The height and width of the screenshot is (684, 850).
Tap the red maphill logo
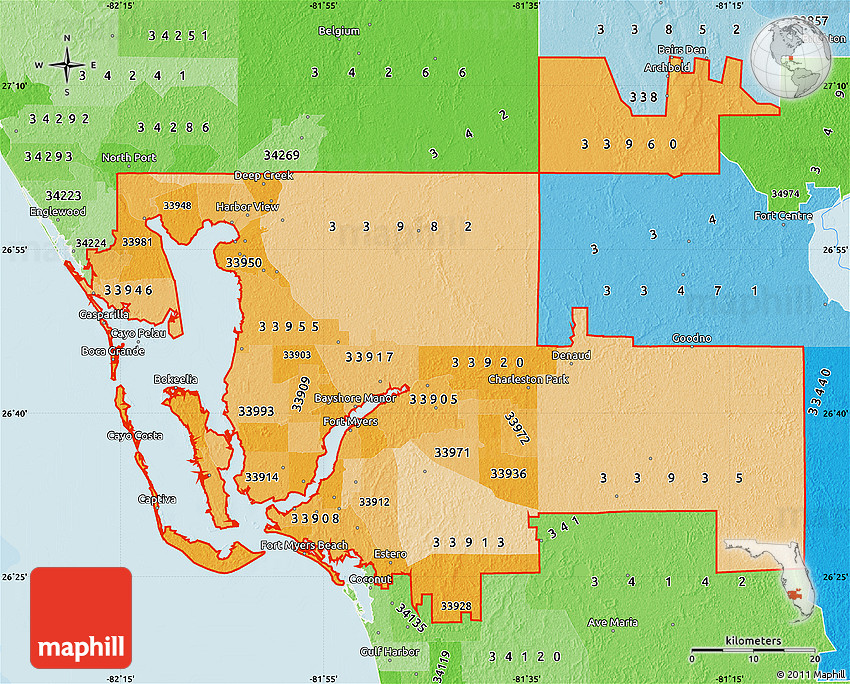tap(81, 618)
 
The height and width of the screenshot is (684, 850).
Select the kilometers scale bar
tap(755, 650)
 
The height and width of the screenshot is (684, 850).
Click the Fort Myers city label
tap(350, 422)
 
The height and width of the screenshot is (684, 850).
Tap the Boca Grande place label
tap(113, 351)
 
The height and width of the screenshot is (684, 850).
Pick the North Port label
tap(130, 158)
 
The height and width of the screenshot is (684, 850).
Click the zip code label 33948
tap(177, 206)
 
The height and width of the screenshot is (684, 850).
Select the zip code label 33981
tap(137, 242)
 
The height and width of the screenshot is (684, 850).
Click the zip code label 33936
tap(508, 474)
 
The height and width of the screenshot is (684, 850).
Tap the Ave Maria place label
tap(612, 622)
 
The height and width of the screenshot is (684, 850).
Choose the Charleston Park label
tap(528, 381)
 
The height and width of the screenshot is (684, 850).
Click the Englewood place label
tap(58, 212)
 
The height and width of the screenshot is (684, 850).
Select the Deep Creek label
tap(263, 176)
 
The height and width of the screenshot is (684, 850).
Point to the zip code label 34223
tap(63, 195)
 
